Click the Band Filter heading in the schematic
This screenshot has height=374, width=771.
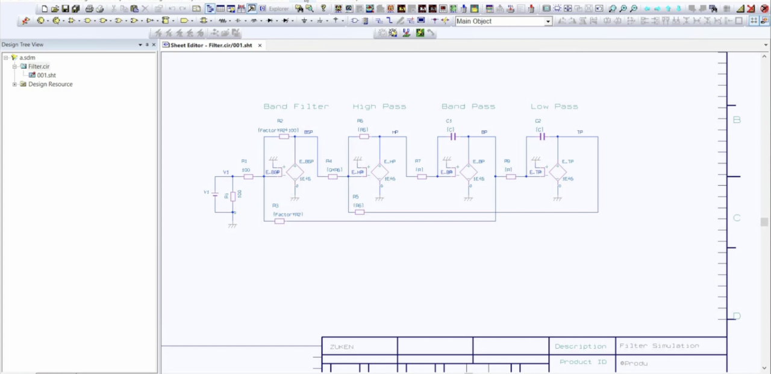tap(296, 107)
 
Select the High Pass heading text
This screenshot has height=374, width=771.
tap(379, 107)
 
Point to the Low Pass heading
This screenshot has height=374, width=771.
tap(554, 107)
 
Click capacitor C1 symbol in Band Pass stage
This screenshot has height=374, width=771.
tap(453, 137)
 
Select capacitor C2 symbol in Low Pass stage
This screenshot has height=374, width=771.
tap(542, 137)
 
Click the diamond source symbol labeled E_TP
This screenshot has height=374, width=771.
tap(558, 172)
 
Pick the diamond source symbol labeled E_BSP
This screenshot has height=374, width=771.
tap(295, 172)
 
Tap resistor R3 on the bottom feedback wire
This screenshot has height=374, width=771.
tap(279, 221)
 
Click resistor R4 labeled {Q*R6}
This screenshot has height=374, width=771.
tap(332, 177)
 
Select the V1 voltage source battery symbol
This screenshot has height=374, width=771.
tap(215, 193)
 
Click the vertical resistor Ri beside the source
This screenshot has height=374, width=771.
tap(233, 196)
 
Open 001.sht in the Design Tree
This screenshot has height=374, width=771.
tap(46, 75)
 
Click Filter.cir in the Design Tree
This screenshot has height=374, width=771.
tap(39, 66)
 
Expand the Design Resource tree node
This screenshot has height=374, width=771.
tap(14, 84)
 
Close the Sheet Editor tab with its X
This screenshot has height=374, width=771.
tap(260, 45)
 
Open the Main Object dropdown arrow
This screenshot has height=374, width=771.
tap(548, 21)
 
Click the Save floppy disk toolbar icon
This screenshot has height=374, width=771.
tap(65, 9)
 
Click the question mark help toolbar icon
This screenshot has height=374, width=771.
tap(323, 9)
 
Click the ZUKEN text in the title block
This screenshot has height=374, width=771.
tap(342, 347)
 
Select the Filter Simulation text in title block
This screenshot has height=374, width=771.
tap(659, 346)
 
